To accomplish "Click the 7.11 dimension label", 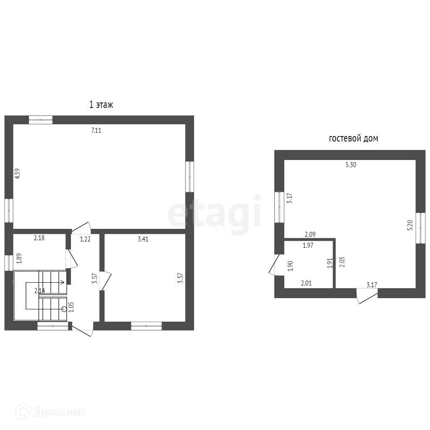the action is click(96, 131).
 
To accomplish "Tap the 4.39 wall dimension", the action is click(18, 173).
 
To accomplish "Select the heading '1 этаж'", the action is click(101, 105).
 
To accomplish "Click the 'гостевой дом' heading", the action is click(353, 139).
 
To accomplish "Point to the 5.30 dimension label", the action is click(351, 165).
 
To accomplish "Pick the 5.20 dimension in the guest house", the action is click(410, 225).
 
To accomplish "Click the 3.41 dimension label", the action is click(143, 239).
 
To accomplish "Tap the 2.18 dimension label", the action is click(39, 238).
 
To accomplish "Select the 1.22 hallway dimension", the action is click(85, 239).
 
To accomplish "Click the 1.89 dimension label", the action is click(19, 259).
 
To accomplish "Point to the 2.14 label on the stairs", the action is click(39, 291).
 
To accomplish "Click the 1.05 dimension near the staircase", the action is click(71, 307).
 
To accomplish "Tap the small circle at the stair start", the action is click(64, 309).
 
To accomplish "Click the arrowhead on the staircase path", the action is click(63, 282).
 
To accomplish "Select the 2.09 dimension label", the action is click(310, 234).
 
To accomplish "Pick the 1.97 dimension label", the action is click(308, 245).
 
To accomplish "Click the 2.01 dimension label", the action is click(306, 283).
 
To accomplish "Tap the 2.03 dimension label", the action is click(342, 262).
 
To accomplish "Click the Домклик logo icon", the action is click(23, 411).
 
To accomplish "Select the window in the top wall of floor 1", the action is click(41, 120).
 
